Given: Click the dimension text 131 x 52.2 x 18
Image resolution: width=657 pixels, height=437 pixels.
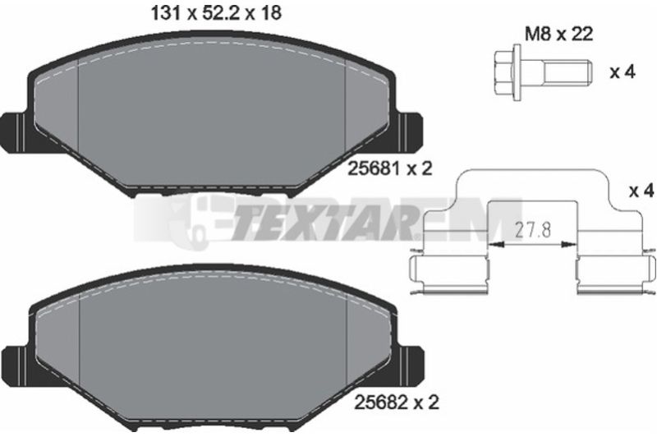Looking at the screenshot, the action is tap(216, 14).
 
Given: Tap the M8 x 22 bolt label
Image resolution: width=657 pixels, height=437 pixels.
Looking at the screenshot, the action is tap(559, 34).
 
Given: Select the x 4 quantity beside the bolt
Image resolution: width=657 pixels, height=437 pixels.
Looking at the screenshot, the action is tap(623, 72).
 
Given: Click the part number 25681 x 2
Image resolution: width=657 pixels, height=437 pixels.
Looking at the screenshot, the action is tap(390, 169).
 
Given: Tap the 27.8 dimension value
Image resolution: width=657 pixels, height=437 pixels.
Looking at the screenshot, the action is tap(532, 230).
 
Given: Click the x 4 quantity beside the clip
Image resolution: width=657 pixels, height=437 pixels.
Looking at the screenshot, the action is tap(641, 191).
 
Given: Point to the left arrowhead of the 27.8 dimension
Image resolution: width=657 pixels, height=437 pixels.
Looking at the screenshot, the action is tap(496, 244).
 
